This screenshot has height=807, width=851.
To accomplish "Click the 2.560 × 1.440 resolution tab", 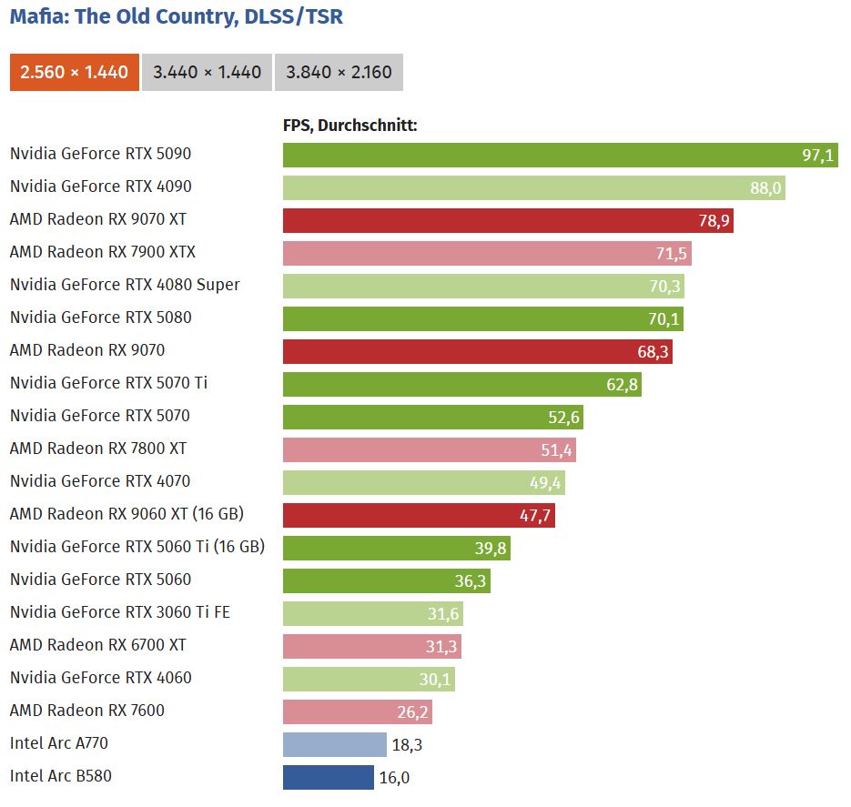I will point(74,73).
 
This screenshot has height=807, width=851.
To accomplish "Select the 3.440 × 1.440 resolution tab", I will point(207,73).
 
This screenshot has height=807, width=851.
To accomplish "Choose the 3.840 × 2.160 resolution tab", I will point(339,73).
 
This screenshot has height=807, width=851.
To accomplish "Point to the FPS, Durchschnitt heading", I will point(350,126).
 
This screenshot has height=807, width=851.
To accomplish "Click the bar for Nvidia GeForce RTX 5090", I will point(546,155).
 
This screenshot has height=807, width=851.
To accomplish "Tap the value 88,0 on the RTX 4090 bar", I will point(765,187).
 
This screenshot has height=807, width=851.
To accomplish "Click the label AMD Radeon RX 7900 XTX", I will point(103,252).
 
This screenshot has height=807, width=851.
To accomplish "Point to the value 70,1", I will point(664,318).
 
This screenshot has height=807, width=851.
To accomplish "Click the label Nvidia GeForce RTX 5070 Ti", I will point(108,383).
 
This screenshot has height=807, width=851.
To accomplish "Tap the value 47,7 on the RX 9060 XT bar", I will point(536,515).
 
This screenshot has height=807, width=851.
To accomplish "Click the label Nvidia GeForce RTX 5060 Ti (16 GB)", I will point(137,547).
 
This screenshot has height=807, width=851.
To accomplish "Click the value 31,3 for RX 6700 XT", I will point(442,646).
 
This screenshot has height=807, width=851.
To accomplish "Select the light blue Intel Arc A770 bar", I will point(334,744).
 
